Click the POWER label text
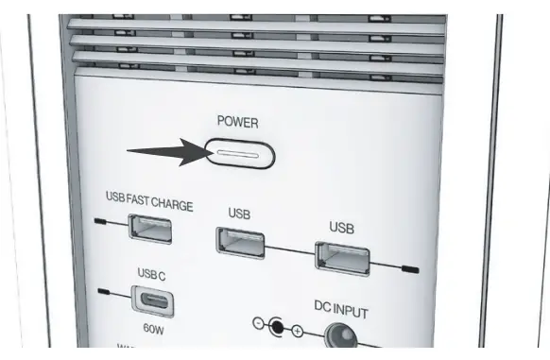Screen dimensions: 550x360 coord(236,123)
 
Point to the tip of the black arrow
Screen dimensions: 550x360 coord(205,152)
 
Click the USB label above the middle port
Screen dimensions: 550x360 coord(239,214)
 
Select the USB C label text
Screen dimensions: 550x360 coord(151,274)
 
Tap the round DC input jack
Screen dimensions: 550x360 coord(342,337)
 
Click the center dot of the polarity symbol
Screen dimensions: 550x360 coord(277,328)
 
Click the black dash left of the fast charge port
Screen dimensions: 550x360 coord(101,223)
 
